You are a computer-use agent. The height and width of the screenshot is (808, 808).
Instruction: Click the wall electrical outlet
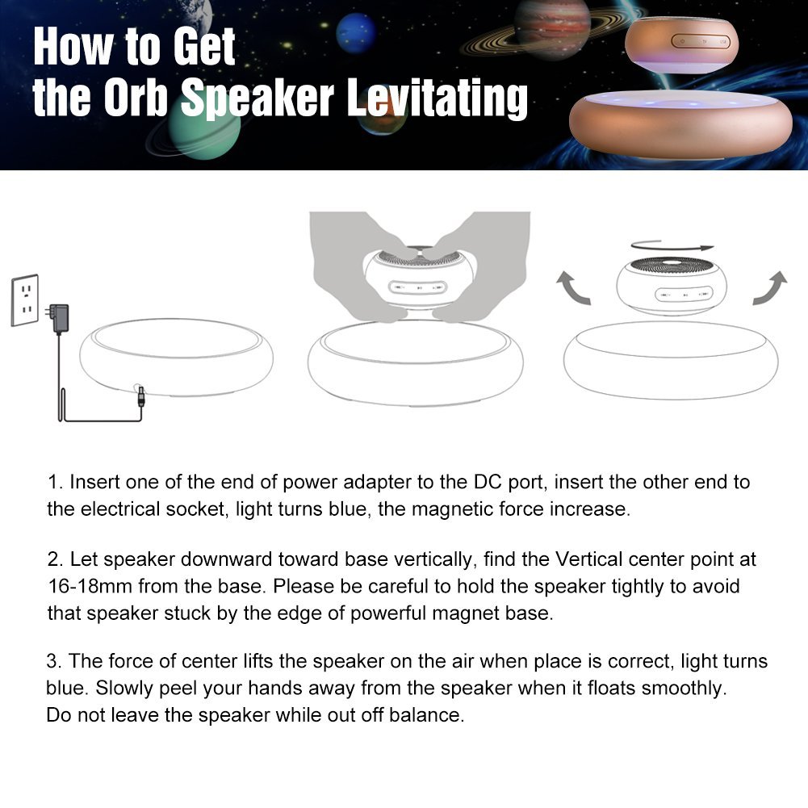click(25, 300)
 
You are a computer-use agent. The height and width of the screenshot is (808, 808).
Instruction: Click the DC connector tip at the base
click(140, 397)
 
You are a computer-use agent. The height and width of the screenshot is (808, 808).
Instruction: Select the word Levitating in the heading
click(437, 98)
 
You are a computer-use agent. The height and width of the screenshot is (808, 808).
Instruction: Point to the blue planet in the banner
click(356, 33)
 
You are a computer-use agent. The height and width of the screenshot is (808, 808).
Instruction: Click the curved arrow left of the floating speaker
click(573, 288)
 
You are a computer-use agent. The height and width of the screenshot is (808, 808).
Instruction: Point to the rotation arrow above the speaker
click(672, 245)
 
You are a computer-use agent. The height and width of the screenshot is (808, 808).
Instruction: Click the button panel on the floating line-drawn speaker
click(684, 295)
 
